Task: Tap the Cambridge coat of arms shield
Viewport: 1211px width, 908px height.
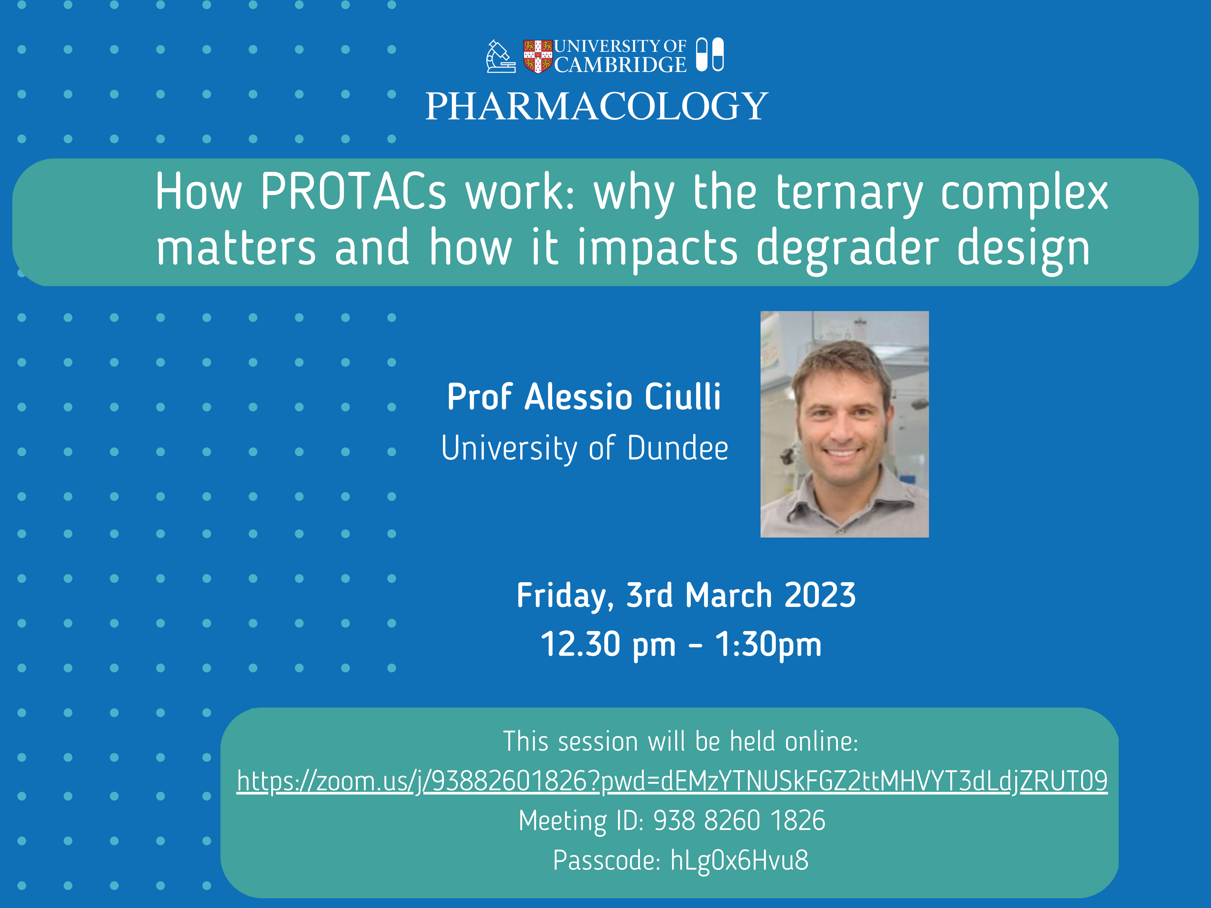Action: pos(538,56)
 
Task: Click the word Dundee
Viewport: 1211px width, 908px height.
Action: pos(678,448)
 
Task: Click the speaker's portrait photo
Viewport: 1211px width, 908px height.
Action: pos(844,424)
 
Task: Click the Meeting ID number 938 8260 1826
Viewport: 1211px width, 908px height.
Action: pos(739,821)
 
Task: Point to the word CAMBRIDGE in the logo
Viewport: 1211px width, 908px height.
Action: pos(620,65)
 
